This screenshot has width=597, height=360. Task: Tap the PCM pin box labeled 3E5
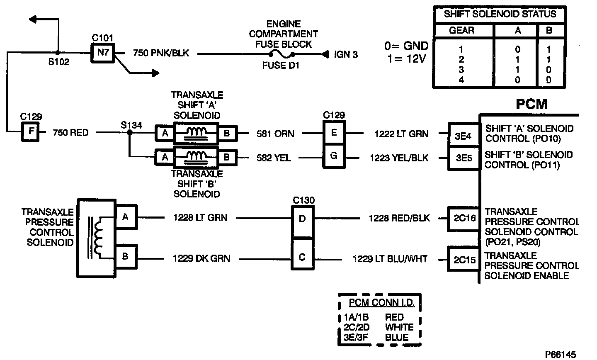[x=463, y=158]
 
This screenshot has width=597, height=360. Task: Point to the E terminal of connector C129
[x=334, y=133]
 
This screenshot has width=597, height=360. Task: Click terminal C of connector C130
[x=302, y=257]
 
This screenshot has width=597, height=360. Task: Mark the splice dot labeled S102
[x=58, y=53]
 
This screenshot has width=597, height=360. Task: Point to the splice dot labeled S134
[x=129, y=133]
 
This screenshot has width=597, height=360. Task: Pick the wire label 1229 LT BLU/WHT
[x=390, y=259]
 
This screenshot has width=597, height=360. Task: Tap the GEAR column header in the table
[x=461, y=31]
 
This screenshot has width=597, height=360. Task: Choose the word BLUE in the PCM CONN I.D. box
[x=397, y=337]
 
